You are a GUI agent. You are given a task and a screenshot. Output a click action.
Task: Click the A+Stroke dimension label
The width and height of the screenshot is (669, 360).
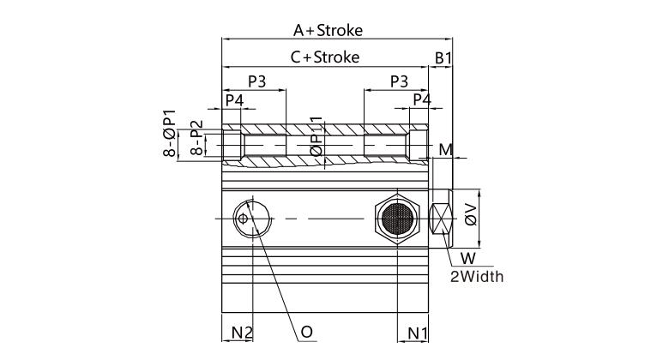click(x=328, y=30)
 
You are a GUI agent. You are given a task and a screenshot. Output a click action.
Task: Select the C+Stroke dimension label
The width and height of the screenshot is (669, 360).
click(x=324, y=57)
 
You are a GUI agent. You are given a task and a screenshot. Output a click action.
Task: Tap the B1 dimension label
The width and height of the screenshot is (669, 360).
click(x=443, y=57)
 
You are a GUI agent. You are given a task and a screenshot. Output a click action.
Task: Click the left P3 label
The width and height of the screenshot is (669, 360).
click(x=256, y=81)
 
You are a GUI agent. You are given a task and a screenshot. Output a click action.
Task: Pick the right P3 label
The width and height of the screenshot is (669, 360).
click(x=399, y=81)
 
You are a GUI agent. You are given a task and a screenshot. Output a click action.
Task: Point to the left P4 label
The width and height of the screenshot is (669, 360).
click(x=234, y=100)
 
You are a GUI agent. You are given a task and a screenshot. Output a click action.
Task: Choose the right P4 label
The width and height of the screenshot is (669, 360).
click(x=422, y=100)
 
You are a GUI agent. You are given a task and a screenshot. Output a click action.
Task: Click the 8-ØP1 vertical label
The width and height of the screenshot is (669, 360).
click(x=170, y=134)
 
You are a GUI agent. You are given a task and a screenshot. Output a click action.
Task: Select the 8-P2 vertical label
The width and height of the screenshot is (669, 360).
click(x=196, y=137)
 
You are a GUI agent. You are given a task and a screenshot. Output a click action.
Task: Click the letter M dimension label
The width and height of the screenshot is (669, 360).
click(x=445, y=150)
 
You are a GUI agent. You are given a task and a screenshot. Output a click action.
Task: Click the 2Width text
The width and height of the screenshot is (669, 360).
click(x=477, y=276)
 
